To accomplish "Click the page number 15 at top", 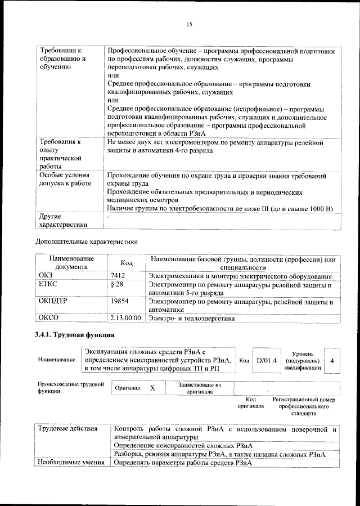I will tap(190, 24).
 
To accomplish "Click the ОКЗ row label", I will tap(46, 276).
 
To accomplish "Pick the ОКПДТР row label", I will tap(53, 302).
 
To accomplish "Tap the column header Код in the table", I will tap(127, 263).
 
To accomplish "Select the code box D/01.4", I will tap(266, 360).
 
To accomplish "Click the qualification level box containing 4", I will tap(333, 360).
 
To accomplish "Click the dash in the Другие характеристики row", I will tap(108, 217).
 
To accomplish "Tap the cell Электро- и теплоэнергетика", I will tap(191, 319).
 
